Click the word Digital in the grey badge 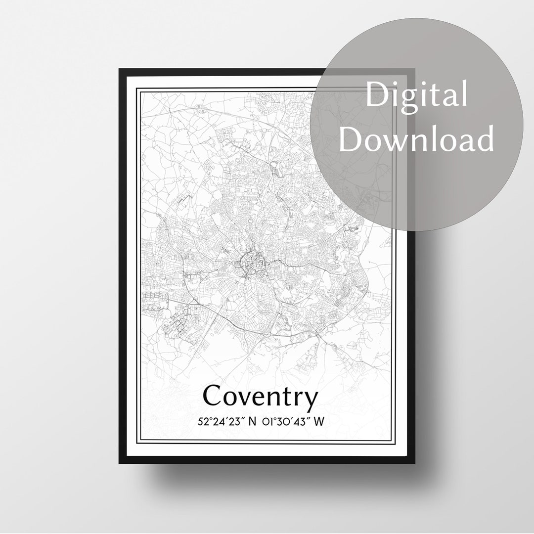coord(417,94)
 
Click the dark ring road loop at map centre coord(250,262)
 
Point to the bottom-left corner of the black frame coord(120,463)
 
